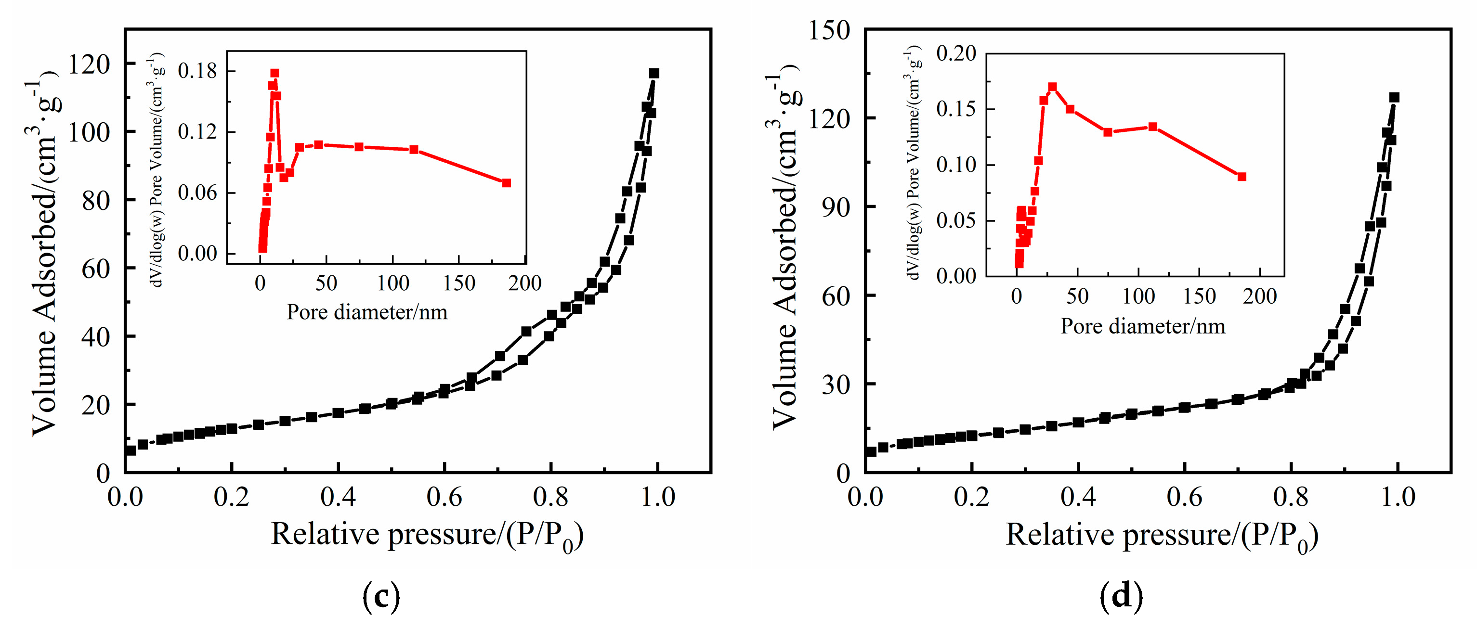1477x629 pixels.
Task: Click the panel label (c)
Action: coord(381,596)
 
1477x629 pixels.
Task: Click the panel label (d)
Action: coord(1121,596)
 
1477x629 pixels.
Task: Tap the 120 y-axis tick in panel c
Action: coord(89,64)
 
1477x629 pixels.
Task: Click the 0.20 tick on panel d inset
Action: coord(956,53)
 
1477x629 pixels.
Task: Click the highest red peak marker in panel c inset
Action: coord(274,73)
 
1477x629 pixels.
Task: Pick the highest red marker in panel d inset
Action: coord(1052,87)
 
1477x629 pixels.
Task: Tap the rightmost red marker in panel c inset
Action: coord(506,183)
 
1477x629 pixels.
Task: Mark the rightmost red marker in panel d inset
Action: coord(1242,177)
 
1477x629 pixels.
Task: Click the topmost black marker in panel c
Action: coord(654,73)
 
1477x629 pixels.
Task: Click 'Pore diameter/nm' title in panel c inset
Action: coord(367,312)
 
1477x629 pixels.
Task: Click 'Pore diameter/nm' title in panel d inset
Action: coord(1143,326)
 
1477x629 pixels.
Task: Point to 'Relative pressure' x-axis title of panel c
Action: coord(427,535)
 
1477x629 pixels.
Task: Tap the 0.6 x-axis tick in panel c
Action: coord(444,496)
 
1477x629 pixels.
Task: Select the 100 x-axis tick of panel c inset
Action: coord(393,283)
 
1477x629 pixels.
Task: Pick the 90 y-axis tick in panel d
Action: coord(836,207)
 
